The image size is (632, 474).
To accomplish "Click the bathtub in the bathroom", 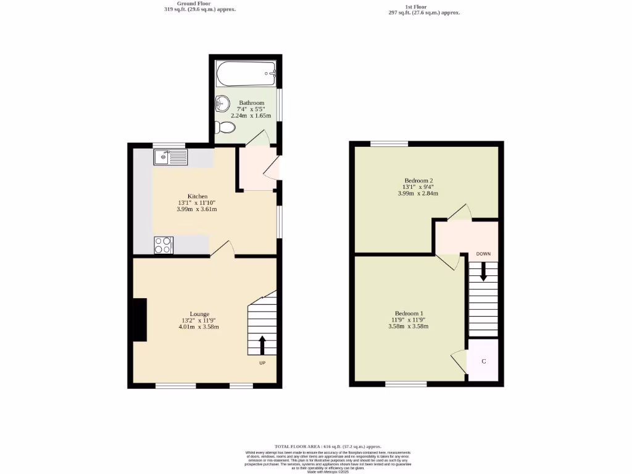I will click(246, 74).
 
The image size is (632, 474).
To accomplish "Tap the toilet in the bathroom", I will click(225, 127).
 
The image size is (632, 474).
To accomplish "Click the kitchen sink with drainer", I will click(170, 157).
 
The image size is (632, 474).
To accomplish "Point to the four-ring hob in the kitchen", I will click(164, 245).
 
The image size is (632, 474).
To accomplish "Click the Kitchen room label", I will click(197, 196).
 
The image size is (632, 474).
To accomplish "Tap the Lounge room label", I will click(199, 314).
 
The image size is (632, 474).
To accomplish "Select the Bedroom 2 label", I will click(418, 181).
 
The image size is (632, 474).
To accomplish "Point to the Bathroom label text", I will click(251, 103).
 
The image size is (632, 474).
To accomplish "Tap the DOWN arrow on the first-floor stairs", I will click(483, 271).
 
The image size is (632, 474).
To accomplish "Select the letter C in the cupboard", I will click(483, 360).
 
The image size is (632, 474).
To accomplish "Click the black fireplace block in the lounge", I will click(140, 320).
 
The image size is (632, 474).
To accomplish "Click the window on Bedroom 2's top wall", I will click(389, 144).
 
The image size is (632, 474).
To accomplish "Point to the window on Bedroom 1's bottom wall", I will click(405, 385).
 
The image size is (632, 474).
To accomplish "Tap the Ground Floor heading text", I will click(193, 4).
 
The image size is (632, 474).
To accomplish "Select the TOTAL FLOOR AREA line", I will click(328, 446).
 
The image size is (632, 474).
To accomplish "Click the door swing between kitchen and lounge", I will click(223, 248).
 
